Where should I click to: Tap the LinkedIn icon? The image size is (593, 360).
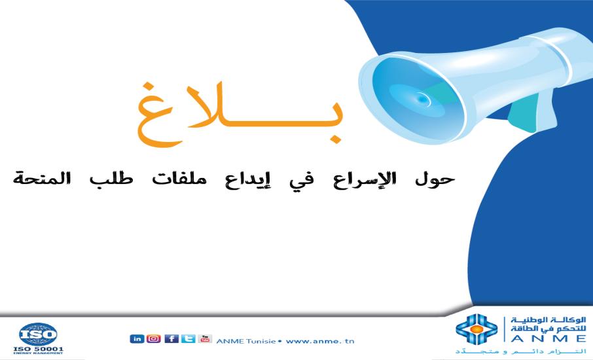[x=137, y=338]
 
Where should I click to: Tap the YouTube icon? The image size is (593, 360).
[x=205, y=338]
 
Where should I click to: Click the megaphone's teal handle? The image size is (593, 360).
[x=524, y=111]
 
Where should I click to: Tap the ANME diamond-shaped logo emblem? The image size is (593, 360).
[x=476, y=331]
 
